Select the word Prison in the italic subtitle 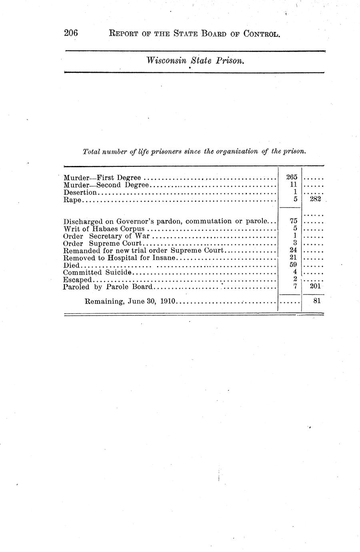(x=230, y=60)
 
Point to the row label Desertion (x=80, y=192)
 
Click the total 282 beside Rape (x=315, y=199)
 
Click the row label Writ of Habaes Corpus (x=104, y=229)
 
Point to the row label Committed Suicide (x=97, y=272)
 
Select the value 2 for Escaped (x=295, y=279)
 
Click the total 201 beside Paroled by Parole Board (x=315, y=286)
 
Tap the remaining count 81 (x=317, y=300)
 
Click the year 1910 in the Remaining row (x=168, y=301)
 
